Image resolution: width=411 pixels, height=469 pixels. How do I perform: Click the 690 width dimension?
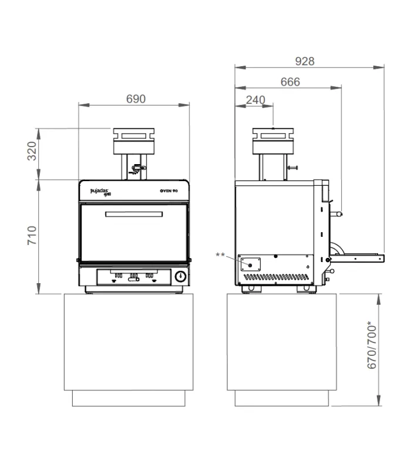pos(136,98)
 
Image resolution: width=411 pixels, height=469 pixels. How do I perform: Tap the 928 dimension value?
pos(305,62)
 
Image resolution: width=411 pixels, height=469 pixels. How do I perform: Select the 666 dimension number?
pos(290,81)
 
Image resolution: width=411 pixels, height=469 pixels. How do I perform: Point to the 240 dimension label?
pos(255,100)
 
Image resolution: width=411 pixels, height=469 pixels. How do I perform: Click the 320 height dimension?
pos(32,151)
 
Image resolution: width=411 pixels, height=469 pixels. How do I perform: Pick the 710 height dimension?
pos(32,236)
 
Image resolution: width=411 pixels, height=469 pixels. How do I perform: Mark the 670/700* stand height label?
pos(372,345)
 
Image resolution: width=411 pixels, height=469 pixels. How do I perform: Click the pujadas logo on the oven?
pos(100,192)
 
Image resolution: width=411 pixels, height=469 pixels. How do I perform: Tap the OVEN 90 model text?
pos(169,191)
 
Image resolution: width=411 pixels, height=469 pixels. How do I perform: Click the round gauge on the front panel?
pos(180,276)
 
